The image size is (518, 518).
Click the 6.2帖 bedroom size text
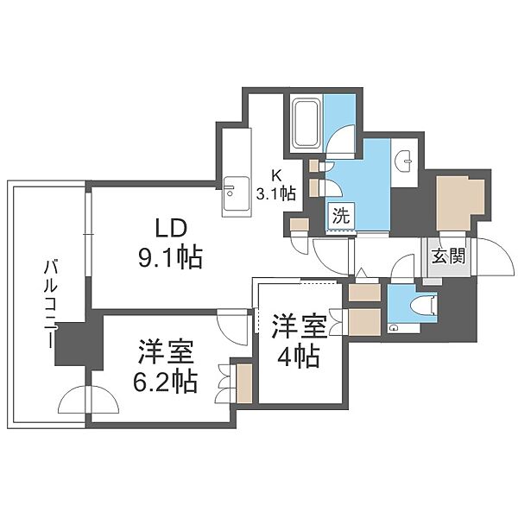click(165, 380)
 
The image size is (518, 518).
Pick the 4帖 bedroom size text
click(298, 354)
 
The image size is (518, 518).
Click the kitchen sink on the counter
click(233, 191)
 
